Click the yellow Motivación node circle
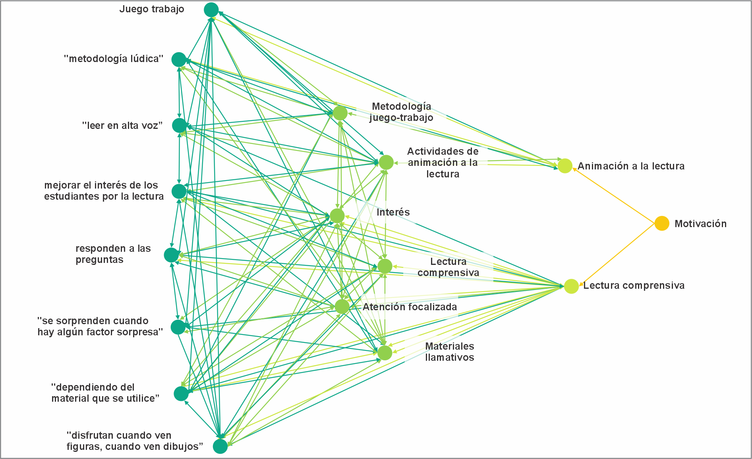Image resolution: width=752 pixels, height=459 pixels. coord(662,224)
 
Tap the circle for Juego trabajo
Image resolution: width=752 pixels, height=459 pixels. coord(211,10)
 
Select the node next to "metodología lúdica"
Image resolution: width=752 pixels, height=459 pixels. coord(179,60)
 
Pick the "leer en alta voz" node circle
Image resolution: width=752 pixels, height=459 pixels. coord(180,126)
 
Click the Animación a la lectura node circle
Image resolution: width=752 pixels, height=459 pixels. coord(565,166)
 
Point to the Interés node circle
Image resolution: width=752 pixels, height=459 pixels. coord(337,216)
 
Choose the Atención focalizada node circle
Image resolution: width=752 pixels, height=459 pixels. coord(342,307)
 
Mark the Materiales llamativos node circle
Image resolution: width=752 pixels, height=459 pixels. coord(385,353)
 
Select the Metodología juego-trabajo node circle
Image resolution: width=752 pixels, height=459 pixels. coord(340,113)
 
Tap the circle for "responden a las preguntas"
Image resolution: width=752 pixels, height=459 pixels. coord(172,255)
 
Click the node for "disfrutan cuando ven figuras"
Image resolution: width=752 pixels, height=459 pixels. coord(220,446)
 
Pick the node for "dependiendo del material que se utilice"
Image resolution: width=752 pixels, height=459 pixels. coord(181,393)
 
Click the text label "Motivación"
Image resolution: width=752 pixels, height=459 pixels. coord(700,224)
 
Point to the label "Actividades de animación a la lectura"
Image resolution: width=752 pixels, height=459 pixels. coord(443,163)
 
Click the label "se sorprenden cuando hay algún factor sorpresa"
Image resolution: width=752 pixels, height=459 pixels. coord(100,327)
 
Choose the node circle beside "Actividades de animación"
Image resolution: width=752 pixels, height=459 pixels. coord(386,162)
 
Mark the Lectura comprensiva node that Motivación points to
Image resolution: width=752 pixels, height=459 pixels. coord(571,286)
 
